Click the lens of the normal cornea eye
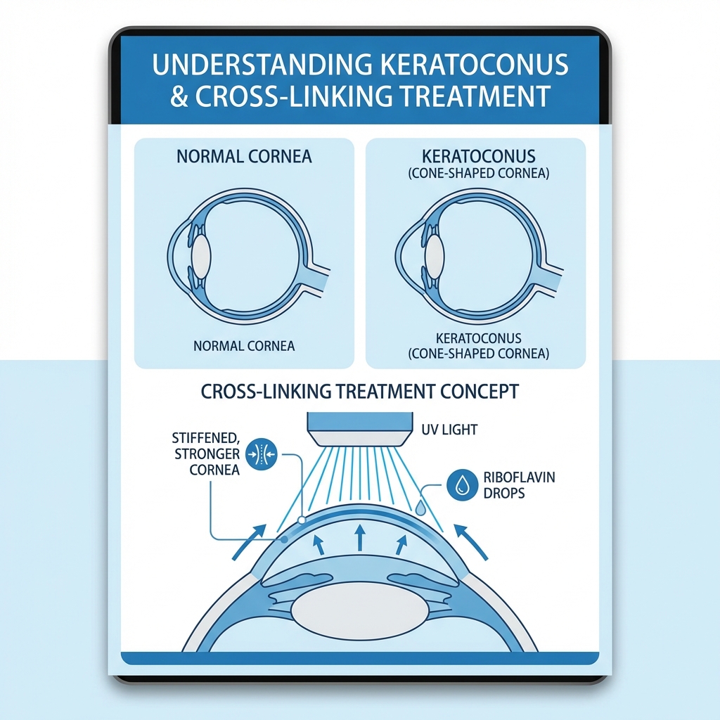coord(202,255)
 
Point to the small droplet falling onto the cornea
coord(420,506)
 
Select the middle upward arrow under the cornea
coord(359,536)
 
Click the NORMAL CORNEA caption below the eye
coord(244,345)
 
